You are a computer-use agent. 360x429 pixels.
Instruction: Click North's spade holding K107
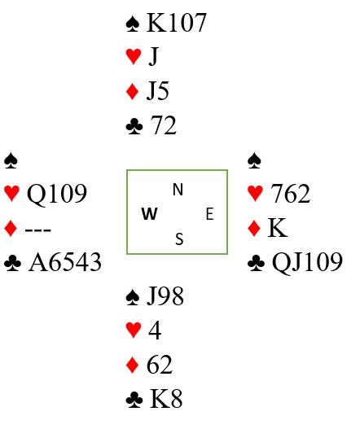pyautogui.click(x=176, y=23)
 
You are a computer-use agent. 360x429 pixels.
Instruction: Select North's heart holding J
pyautogui.click(x=154, y=56)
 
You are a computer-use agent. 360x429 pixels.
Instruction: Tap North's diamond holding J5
pyautogui.click(x=158, y=90)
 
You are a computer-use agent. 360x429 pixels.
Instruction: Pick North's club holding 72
pyautogui.click(x=163, y=125)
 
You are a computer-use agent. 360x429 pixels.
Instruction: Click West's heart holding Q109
pyautogui.click(x=57, y=194)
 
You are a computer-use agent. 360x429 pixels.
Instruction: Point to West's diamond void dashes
pyautogui.click(x=38, y=230)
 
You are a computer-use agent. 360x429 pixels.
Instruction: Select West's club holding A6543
pyautogui.click(x=65, y=262)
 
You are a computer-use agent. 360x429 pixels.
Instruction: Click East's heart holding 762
pyautogui.click(x=290, y=194)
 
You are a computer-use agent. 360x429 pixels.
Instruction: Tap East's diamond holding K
pyautogui.click(x=278, y=228)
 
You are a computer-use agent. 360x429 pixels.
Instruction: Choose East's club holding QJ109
pyautogui.click(x=307, y=263)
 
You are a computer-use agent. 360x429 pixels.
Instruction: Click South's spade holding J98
pyautogui.click(x=165, y=296)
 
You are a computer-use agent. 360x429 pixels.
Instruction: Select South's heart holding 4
pyautogui.click(x=155, y=331)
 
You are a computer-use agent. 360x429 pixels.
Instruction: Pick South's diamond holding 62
pyautogui.click(x=160, y=365)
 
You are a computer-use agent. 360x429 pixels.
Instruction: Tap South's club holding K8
pyautogui.click(x=166, y=399)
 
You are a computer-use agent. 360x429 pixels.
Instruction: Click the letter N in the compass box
pyautogui.click(x=178, y=190)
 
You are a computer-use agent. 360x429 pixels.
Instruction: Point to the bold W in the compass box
pyautogui.click(x=150, y=213)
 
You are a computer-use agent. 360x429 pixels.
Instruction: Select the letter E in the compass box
pyautogui.click(x=209, y=214)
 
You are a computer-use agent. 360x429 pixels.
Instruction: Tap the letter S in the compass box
pyautogui.click(x=179, y=239)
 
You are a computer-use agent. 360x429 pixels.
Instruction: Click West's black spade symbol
pyautogui.click(x=11, y=160)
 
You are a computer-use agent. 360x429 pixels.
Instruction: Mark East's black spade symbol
pyautogui.click(x=254, y=160)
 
